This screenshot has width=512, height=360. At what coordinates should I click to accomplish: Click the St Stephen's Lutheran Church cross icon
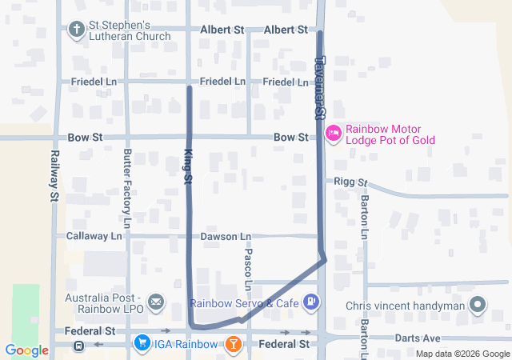78,30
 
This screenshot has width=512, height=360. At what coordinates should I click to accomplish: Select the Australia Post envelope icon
156,302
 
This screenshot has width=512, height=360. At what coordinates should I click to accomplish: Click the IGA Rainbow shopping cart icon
142,344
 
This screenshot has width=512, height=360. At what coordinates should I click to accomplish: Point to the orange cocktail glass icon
232,344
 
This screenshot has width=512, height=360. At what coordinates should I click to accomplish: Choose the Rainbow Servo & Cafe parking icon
311,302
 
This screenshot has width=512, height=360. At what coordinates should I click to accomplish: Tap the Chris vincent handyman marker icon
478,305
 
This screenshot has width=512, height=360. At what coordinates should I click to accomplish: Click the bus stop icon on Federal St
78,346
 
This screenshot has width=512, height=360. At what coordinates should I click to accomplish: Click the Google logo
26,350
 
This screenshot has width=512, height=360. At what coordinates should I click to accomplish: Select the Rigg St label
350,182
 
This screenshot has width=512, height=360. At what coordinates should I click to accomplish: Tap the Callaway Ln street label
94,236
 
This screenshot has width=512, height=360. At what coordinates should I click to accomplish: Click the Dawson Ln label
225,236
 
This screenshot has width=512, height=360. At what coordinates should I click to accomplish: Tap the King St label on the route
189,169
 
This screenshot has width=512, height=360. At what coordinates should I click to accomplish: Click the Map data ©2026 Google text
462,354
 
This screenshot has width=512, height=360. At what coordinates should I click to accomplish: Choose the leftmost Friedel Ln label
94,82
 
